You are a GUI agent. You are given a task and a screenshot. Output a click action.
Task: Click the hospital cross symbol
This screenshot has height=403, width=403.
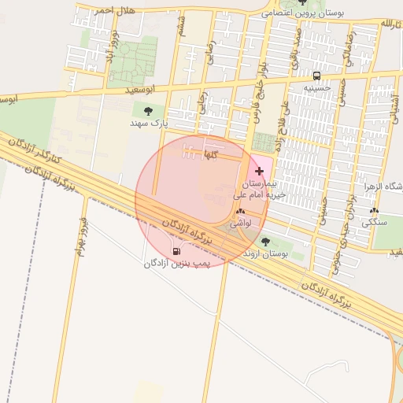260,171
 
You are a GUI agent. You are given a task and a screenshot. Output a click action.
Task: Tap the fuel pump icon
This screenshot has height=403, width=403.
174,251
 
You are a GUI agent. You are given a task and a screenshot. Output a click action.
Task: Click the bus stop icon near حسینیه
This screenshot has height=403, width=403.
316,76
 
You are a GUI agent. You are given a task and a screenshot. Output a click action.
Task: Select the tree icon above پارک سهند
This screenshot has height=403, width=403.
149,111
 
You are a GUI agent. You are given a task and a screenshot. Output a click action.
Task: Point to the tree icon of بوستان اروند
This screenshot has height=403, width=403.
264,242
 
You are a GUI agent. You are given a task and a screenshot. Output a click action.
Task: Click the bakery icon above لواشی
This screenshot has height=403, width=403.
240,211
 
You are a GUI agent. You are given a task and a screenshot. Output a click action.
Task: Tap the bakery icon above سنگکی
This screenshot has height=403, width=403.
374,210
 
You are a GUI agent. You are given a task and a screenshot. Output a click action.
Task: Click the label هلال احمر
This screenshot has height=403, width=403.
115,10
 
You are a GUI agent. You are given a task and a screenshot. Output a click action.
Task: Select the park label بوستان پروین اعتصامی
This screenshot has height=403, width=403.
304,13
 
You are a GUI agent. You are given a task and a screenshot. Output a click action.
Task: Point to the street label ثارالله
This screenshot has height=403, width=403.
385,24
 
